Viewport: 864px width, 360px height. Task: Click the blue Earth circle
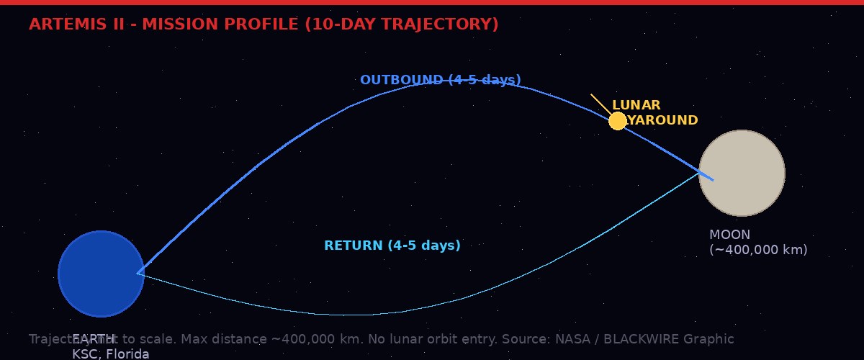click(x=101, y=274)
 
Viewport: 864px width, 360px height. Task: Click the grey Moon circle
click(x=742, y=173)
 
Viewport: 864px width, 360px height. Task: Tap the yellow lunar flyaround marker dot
click(x=618, y=121)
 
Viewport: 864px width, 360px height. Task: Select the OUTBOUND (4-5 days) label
click(x=440, y=80)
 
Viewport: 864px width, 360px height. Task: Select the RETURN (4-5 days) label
click(x=392, y=246)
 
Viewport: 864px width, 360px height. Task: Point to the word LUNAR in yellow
click(x=636, y=105)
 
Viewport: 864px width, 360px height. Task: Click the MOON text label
click(x=729, y=235)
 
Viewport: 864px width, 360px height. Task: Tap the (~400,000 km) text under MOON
click(x=758, y=250)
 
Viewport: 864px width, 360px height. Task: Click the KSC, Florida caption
click(x=110, y=354)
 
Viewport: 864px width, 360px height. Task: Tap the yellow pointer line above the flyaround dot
click(x=600, y=103)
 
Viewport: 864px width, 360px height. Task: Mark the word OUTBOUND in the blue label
click(x=401, y=80)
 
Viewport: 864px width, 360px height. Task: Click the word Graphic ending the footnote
click(x=708, y=339)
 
